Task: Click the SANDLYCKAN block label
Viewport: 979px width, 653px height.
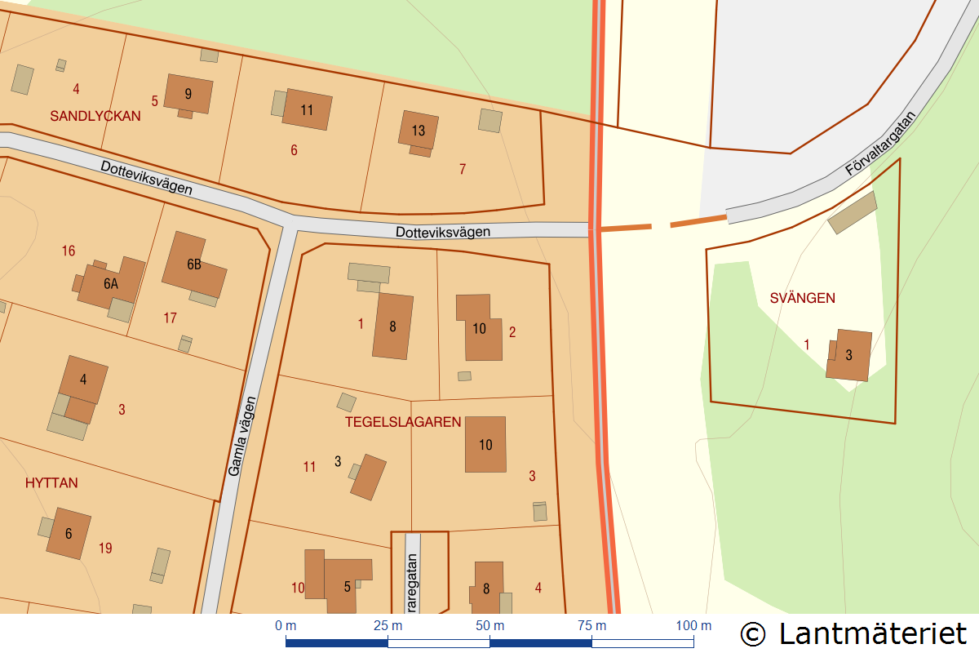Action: click(x=95, y=116)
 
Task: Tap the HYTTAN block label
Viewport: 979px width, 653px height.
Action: click(x=51, y=482)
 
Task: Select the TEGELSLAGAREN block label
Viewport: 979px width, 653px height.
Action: click(x=403, y=422)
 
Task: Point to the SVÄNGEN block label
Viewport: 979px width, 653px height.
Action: click(x=803, y=298)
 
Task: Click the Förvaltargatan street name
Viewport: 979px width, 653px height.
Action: click(x=881, y=144)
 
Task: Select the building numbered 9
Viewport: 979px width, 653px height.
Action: click(x=188, y=94)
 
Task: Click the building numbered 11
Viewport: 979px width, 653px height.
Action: click(x=307, y=110)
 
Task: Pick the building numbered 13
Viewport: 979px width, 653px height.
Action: click(x=419, y=131)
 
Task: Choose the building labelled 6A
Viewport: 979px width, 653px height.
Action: click(x=111, y=284)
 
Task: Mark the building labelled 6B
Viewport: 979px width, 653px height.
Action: click(x=194, y=264)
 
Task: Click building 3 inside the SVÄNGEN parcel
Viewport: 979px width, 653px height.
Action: click(x=848, y=355)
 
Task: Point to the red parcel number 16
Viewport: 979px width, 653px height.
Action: click(x=69, y=251)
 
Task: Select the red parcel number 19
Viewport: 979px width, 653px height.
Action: click(x=105, y=549)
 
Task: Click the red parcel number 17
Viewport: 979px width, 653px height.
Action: click(x=170, y=318)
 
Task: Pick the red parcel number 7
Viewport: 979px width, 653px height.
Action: click(x=463, y=169)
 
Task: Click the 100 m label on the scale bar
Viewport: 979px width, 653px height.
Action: click(x=693, y=626)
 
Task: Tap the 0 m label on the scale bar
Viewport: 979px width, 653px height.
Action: click(x=286, y=626)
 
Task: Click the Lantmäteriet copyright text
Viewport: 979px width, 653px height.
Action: click(x=853, y=633)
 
